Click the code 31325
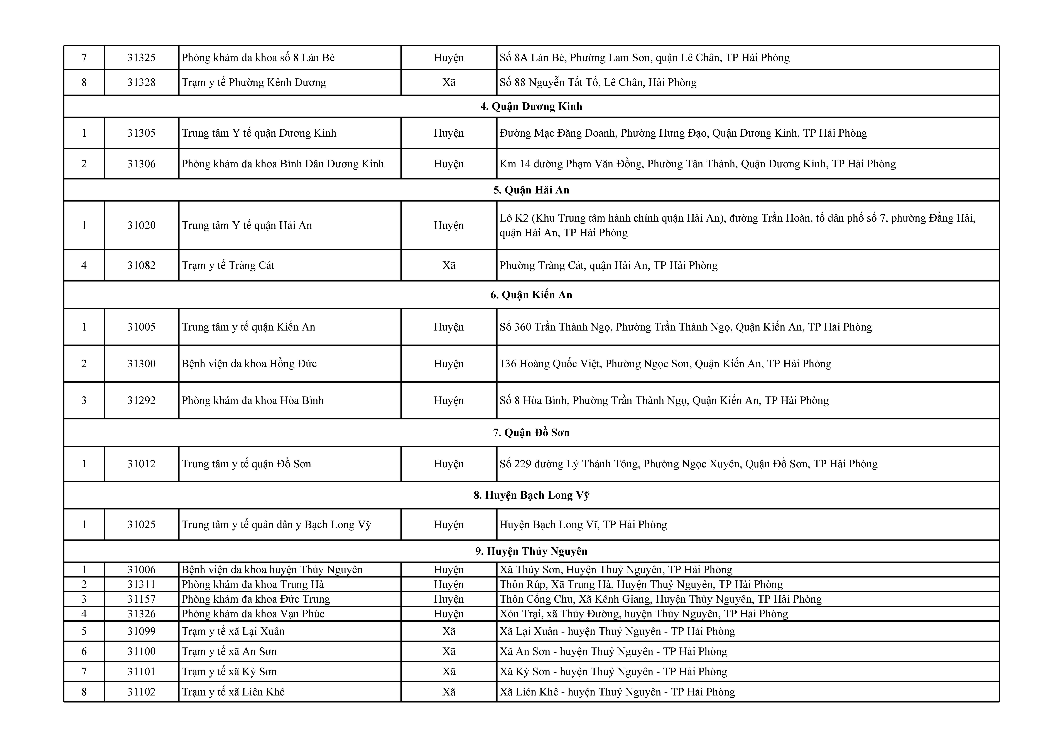141,58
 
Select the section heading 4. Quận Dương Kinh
531,107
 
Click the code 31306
141,164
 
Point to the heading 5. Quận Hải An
531,190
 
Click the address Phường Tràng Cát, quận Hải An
608,266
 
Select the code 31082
141,266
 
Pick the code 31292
141,401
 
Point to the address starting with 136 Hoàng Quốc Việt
665,364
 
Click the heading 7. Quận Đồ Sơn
531,433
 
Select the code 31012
141,464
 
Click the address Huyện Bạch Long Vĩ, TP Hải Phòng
583,525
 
